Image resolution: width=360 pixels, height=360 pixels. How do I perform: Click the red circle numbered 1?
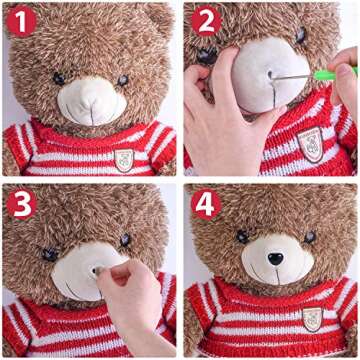pyautogui.click(x=21, y=21)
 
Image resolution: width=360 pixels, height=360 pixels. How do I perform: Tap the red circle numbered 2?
pyautogui.click(x=206, y=21)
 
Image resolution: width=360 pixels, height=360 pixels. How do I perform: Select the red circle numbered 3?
pyautogui.click(x=21, y=204)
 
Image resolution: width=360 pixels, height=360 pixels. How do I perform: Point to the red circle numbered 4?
pyautogui.click(x=206, y=204)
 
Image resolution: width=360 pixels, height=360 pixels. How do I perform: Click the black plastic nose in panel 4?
pyautogui.click(x=276, y=258)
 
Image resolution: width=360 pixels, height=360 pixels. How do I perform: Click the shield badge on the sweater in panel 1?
pyautogui.click(x=124, y=160)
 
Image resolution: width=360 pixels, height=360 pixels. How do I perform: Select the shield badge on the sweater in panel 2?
pyautogui.click(x=310, y=144)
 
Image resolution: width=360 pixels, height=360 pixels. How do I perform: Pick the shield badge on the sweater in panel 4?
pyautogui.click(x=312, y=319)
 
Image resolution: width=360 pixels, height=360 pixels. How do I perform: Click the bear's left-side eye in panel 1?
pyautogui.click(x=59, y=79)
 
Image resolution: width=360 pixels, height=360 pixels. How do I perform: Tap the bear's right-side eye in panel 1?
pyautogui.click(x=123, y=80)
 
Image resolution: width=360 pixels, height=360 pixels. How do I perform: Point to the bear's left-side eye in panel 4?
pyautogui.click(x=243, y=236)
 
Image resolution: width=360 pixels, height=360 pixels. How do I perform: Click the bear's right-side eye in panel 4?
pyautogui.click(x=310, y=237)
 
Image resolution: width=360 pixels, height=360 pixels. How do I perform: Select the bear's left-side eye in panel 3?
pyautogui.click(x=50, y=254)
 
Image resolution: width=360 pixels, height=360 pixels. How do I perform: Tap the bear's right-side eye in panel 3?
pyautogui.click(x=125, y=240)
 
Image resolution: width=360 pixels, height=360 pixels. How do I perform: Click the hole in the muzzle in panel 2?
pyautogui.click(x=270, y=74)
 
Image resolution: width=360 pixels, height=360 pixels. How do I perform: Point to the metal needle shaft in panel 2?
pyautogui.click(x=293, y=77)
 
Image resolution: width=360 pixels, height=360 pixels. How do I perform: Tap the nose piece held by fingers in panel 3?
pyautogui.click(x=98, y=271)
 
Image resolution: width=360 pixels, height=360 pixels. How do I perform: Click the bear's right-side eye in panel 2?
pyautogui.click(x=301, y=35)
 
